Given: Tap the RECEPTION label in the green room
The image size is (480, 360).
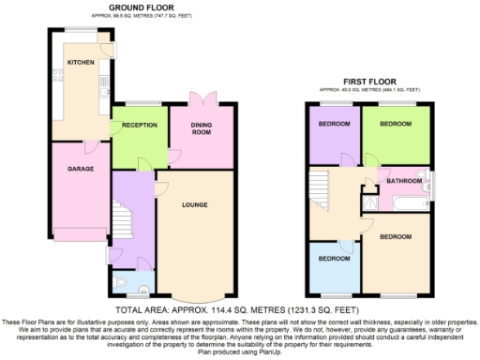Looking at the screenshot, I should [x=139, y=125].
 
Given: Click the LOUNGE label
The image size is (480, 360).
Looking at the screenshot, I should [x=195, y=205].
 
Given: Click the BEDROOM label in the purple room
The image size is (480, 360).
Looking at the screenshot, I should [x=334, y=125].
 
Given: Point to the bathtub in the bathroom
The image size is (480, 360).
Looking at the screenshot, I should [x=406, y=202].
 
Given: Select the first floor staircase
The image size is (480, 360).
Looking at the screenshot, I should [x=322, y=187].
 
